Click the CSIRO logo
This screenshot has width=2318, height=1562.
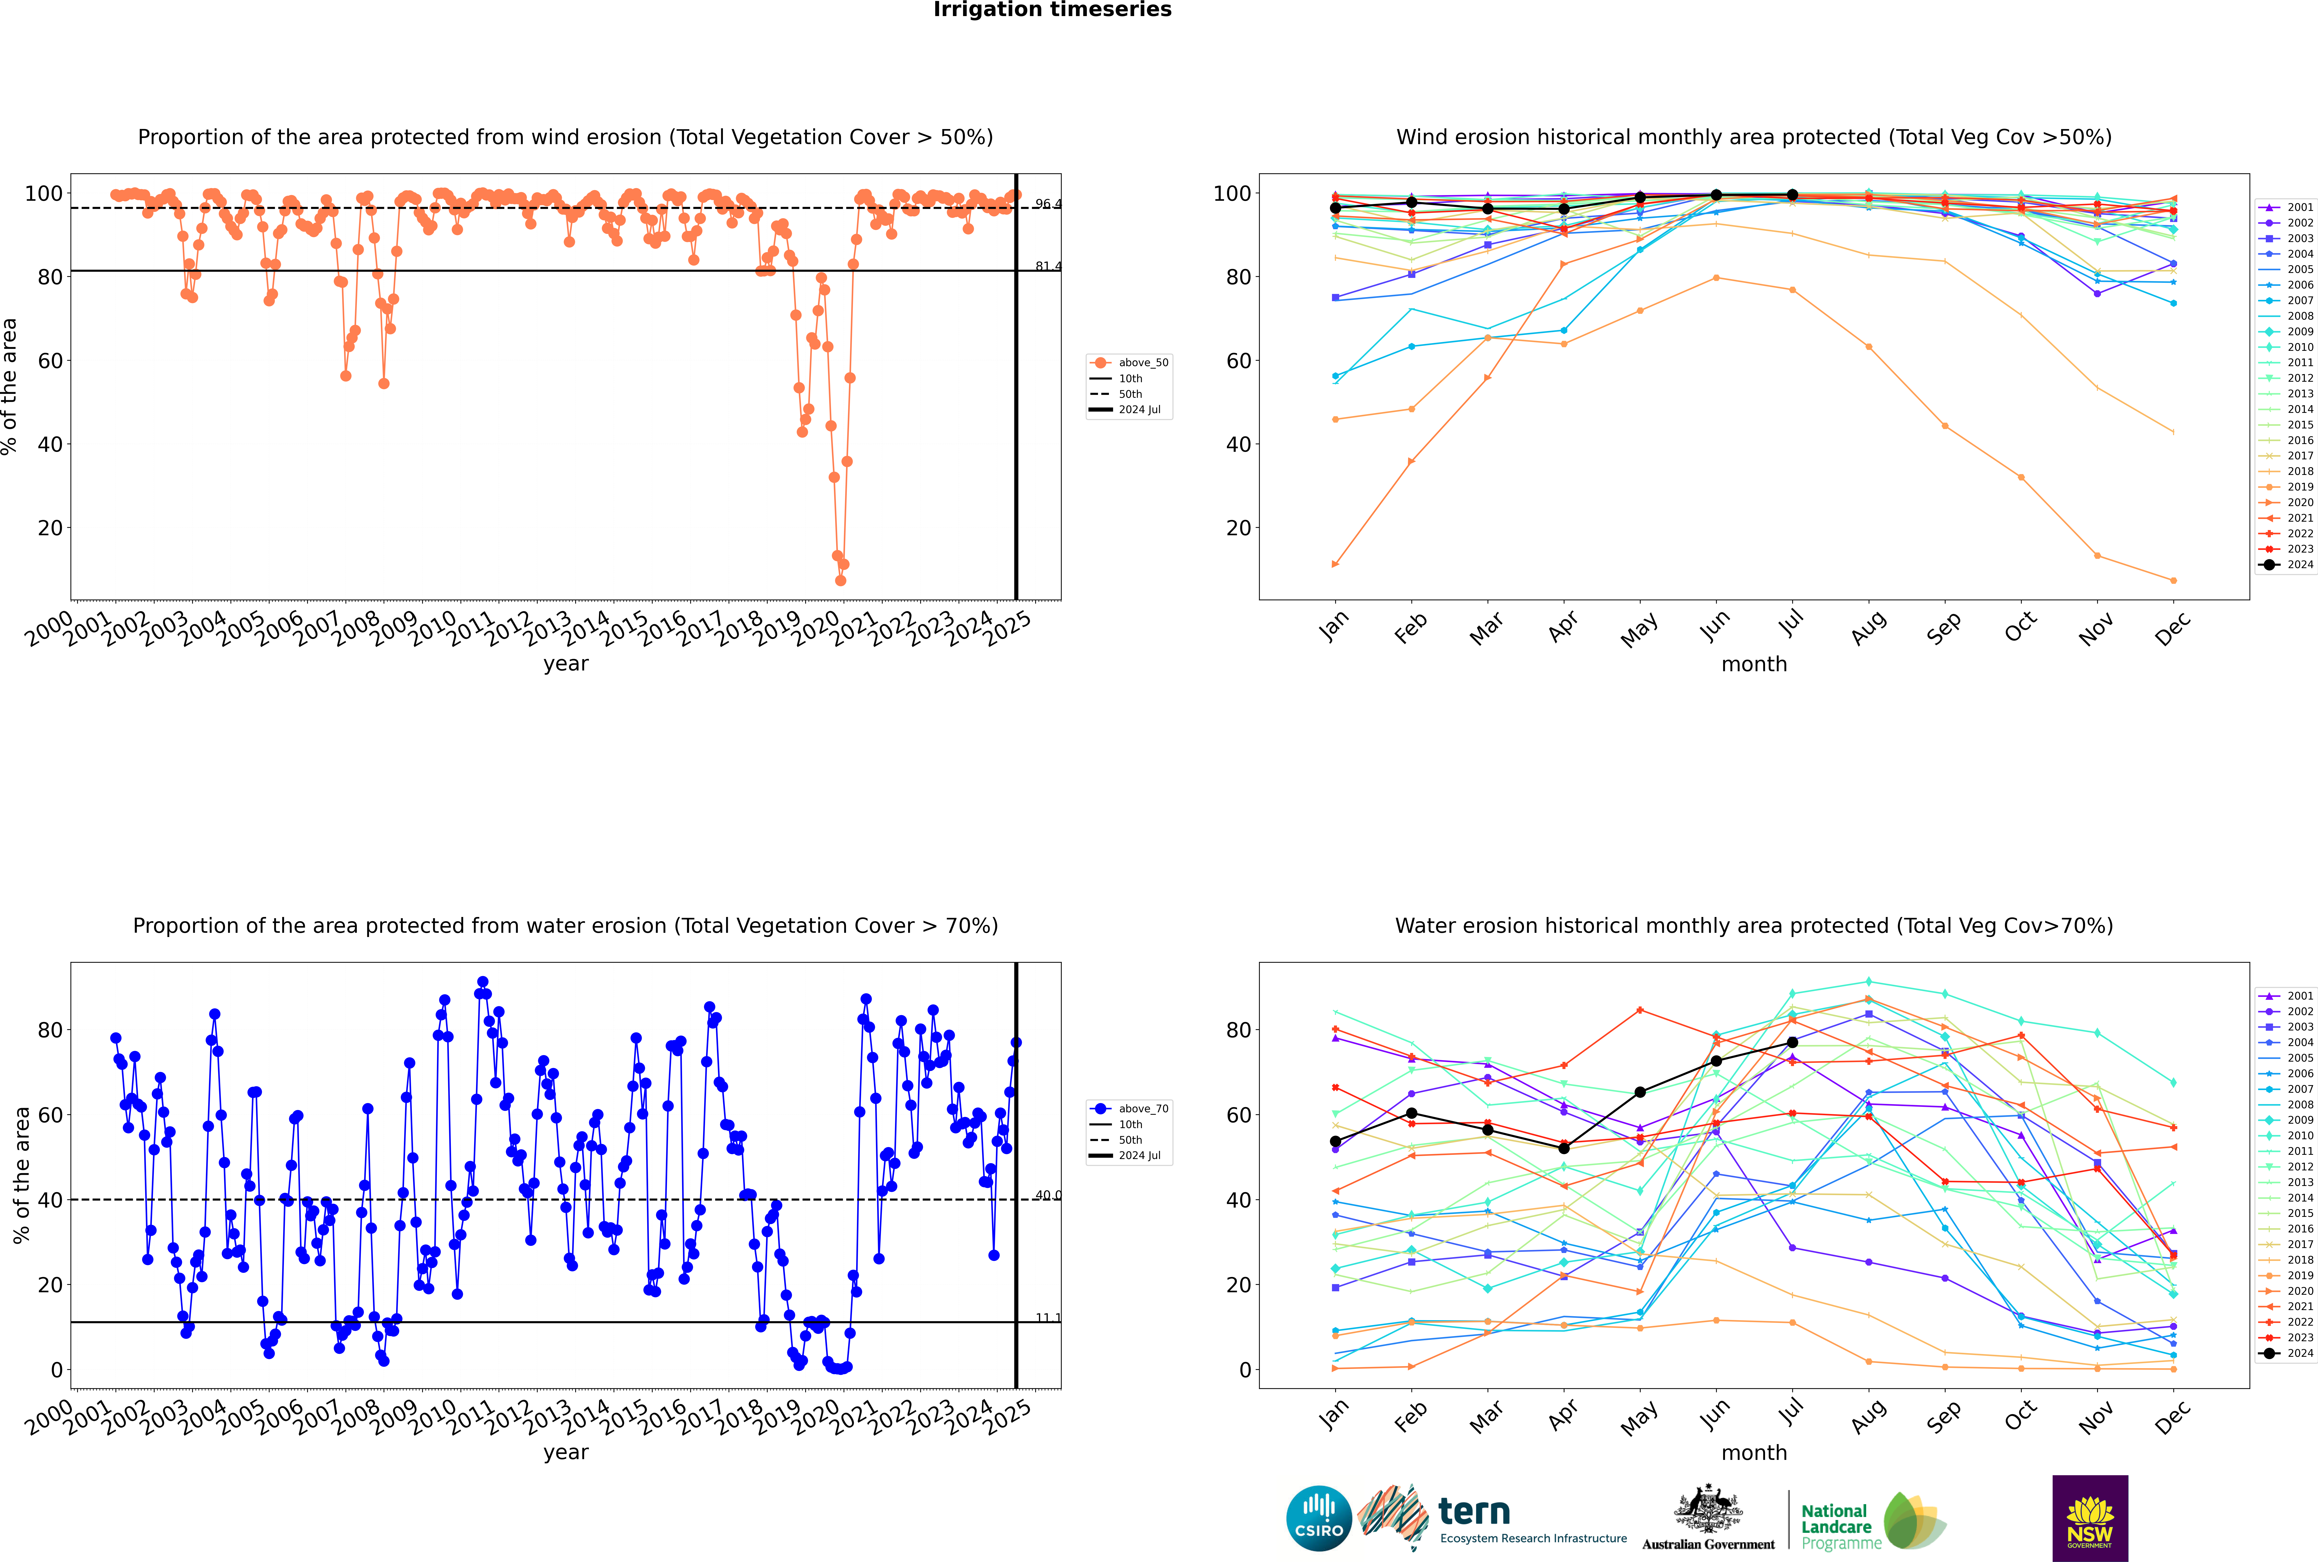click(1318, 1518)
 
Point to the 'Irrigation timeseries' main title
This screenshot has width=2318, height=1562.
click(1052, 10)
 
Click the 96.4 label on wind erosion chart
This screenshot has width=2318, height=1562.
click(1047, 204)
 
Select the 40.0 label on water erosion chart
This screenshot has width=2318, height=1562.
click(1047, 1195)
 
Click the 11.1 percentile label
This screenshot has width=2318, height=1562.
click(1047, 1318)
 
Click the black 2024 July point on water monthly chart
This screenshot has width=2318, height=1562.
click(1792, 1042)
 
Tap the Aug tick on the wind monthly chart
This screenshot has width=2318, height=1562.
click(1868, 627)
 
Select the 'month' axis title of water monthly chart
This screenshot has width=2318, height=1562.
click(1754, 1452)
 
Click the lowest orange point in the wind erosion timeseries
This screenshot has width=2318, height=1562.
click(840, 581)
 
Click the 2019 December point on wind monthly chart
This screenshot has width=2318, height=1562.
click(2174, 581)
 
